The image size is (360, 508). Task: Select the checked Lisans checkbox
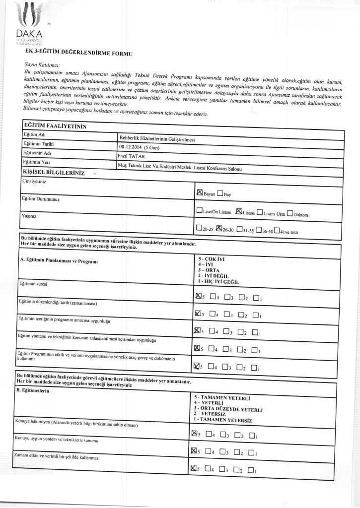click(x=239, y=212)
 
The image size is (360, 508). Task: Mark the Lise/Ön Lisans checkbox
click(x=199, y=211)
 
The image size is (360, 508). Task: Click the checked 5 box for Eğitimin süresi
click(x=199, y=296)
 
